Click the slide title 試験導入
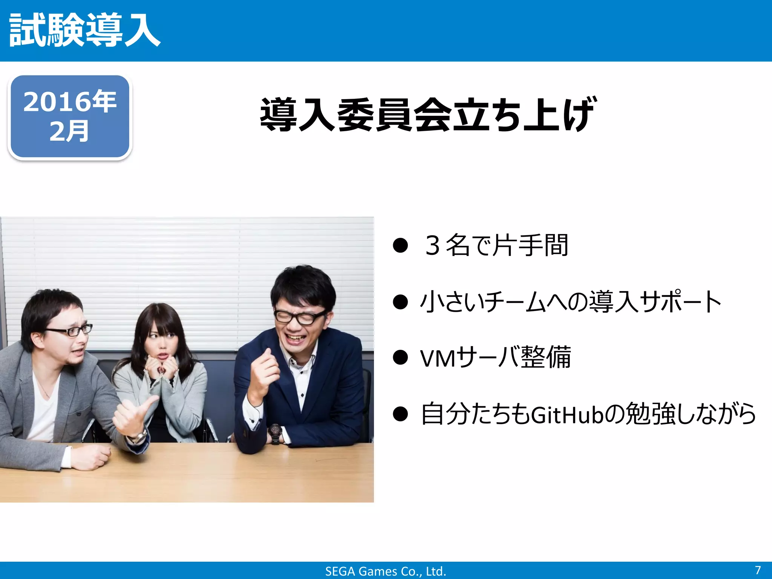[x=85, y=30]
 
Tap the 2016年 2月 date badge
[x=70, y=116]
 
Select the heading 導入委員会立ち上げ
[x=428, y=114]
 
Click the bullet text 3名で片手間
[x=496, y=245]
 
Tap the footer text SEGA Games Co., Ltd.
[x=386, y=571]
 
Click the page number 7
[x=758, y=570]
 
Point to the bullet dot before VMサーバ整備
[x=400, y=358]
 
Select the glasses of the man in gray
[x=70, y=331]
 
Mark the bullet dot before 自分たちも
[x=400, y=414]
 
